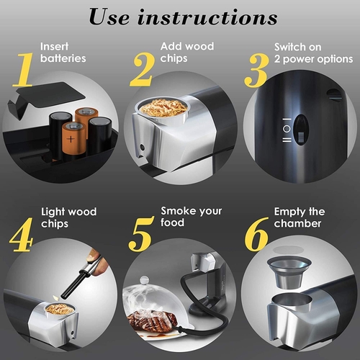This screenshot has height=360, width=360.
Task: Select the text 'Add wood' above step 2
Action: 188,47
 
